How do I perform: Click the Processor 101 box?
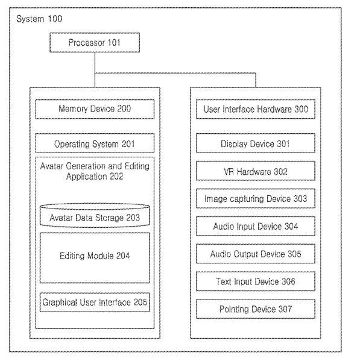pyautogui.click(x=95, y=42)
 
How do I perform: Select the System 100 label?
pyautogui.click(x=39, y=19)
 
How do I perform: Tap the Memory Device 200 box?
pyautogui.click(x=95, y=109)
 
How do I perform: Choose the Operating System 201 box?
pyautogui.click(x=95, y=143)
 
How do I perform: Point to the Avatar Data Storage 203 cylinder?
pyautogui.click(x=95, y=215)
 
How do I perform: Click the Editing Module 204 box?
pyautogui.click(x=95, y=258)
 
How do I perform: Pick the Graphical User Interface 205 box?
pyautogui.click(x=95, y=303)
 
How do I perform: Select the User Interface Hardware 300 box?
pyautogui.click(x=256, y=109)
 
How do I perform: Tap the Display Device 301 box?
pyautogui.click(x=256, y=143)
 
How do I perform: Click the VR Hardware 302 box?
pyautogui.click(x=256, y=171)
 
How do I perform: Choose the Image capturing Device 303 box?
pyautogui.click(x=256, y=198)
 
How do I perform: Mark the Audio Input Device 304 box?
pyautogui.click(x=256, y=226)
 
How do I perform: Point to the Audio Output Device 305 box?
pyautogui.click(x=256, y=254)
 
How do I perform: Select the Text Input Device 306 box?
pyautogui.click(x=256, y=281)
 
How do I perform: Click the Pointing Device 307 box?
pyautogui.click(x=256, y=309)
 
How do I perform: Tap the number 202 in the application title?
pyautogui.click(x=116, y=176)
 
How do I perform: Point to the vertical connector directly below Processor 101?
pyautogui.click(x=95, y=70)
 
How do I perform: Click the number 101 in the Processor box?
pyautogui.click(x=114, y=42)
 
